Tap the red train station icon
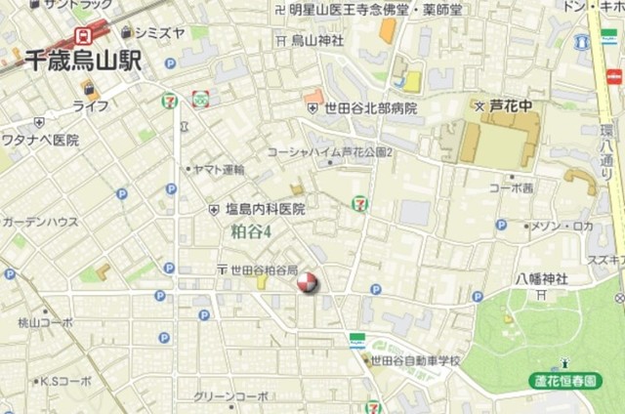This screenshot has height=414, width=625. pos(83,35)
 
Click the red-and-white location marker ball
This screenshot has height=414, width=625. pos(307,283)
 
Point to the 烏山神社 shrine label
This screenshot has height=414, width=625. pos(317,41)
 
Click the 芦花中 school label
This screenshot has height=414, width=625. pos(508,104)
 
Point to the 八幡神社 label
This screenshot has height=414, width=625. pos(543,279)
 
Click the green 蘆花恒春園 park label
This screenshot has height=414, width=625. pos(565,380)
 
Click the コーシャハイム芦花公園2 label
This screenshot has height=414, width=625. pos(330,153)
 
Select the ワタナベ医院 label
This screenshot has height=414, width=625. pos(39,141)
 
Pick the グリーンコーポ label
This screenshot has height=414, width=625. pos(231,396)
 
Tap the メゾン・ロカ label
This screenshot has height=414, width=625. pos(562,226)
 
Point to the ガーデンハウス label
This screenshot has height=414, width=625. pos(39,223)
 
